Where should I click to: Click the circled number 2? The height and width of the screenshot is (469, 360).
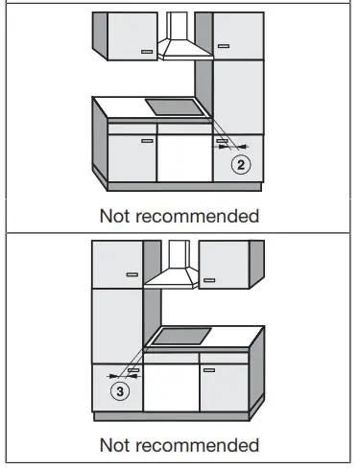click(242, 165)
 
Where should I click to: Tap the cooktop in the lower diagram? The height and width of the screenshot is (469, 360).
click(182, 337)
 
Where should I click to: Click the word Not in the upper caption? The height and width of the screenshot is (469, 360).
click(122, 216)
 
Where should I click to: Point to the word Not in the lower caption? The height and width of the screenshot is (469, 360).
click(122, 445)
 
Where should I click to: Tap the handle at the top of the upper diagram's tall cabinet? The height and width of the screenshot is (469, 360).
click(223, 44)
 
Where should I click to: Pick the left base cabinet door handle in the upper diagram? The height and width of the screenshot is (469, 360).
click(145, 140)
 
